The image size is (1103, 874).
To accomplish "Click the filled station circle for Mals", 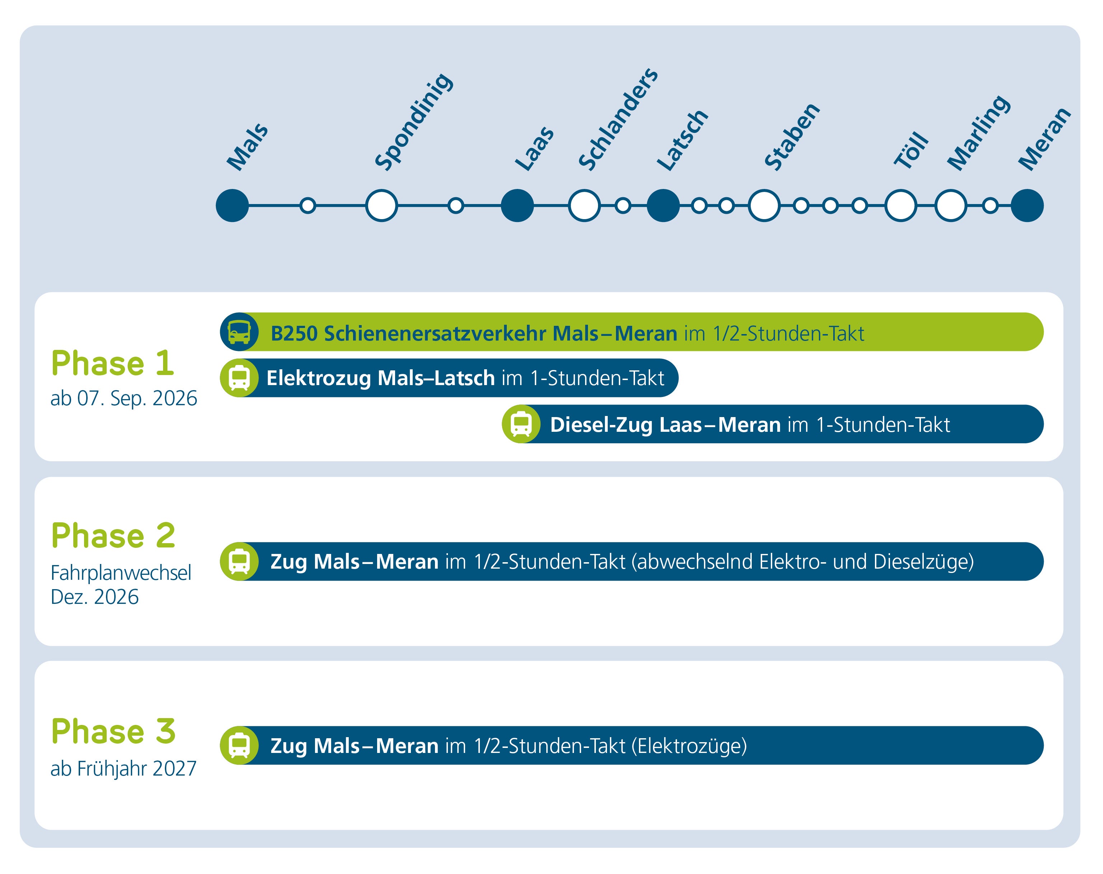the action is [232, 206].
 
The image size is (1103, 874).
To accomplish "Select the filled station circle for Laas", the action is [517, 206].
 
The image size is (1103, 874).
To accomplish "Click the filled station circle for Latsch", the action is [663, 206].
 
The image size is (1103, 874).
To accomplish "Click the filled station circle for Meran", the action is [1027, 206].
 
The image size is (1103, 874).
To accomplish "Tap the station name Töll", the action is [911, 149].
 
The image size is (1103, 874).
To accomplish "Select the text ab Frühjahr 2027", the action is [123, 769].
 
